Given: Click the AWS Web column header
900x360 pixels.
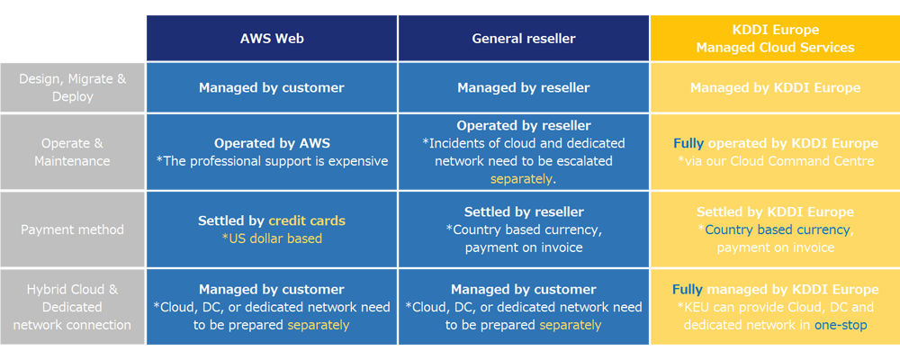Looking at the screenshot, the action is coord(272,39).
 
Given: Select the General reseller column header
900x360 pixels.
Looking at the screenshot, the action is coord(524,39).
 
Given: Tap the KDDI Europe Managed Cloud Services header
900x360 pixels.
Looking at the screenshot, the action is coord(775,39).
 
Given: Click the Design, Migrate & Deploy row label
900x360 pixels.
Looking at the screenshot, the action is coord(72,88).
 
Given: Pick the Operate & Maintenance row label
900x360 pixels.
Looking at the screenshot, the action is coord(72,152).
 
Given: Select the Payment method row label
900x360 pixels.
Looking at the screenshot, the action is coord(72,229).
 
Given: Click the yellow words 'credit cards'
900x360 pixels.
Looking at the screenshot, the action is coord(307,220).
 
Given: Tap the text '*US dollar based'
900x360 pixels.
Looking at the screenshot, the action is coord(272,238).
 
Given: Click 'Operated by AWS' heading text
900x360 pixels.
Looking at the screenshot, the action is coord(272,143).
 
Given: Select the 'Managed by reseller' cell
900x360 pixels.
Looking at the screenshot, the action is coord(524,88).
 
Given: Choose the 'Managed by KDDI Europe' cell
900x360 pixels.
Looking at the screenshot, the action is coord(775,88).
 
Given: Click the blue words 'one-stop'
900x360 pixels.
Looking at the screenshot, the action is coord(841,325).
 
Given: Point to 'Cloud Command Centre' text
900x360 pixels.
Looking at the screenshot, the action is coord(802,161).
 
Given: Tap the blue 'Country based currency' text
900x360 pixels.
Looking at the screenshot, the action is coord(778,229).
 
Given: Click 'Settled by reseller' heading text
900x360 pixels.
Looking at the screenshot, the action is coord(524,211).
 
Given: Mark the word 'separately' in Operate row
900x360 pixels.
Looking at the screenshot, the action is coord(520,178).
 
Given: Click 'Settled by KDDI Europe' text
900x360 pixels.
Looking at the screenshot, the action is coord(775,211).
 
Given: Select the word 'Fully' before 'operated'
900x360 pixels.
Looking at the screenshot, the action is coord(688,143).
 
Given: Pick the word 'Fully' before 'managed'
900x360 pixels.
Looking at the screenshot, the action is coord(687,290).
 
